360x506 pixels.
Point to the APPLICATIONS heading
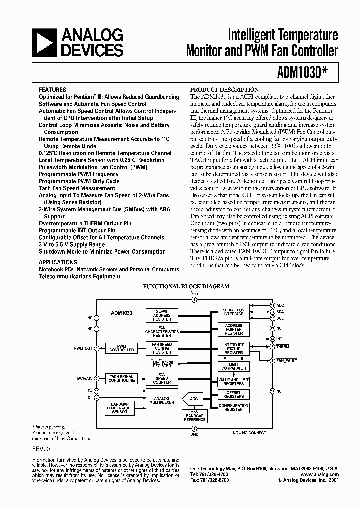pyautogui.click(x=58, y=262)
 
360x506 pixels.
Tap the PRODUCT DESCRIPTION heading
pyautogui.click(x=225, y=89)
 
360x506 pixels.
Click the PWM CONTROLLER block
pyautogui.click(x=121, y=348)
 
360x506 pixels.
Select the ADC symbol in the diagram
pyautogui.click(x=194, y=399)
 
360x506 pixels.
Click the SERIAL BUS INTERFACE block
pyautogui.click(x=233, y=312)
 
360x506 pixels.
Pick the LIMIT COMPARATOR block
pyautogui.click(x=233, y=366)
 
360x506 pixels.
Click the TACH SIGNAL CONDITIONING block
pyautogui.click(x=121, y=378)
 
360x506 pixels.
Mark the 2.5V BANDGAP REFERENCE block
pyautogui.click(x=195, y=416)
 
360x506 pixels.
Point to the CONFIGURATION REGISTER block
pyautogui.click(x=233, y=407)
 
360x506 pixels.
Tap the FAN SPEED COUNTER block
pyautogui.click(x=162, y=378)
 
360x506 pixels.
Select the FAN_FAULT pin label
pyautogui.click(x=287, y=360)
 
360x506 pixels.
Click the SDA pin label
pyautogui.click(x=280, y=311)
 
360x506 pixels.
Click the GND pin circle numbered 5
pyautogui.click(x=195, y=428)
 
